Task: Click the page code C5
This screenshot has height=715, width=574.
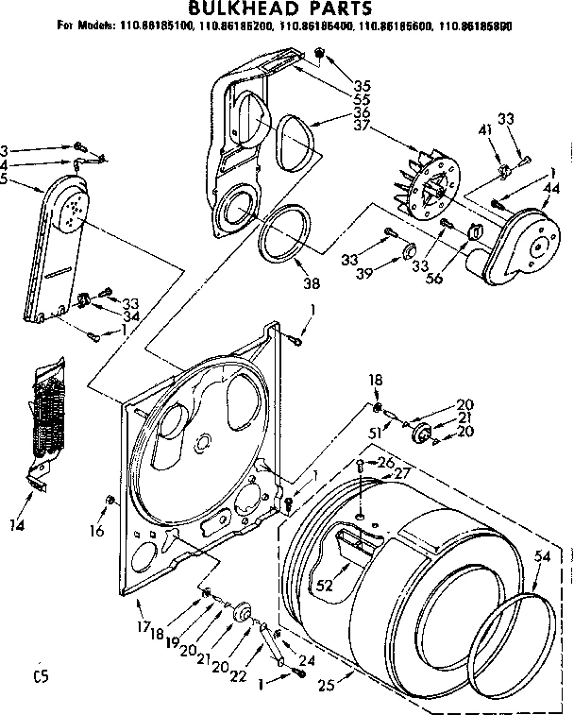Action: [39, 675]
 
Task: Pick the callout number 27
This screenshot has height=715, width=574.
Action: [402, 473]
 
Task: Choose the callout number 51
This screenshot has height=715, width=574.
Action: [374, 433]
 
